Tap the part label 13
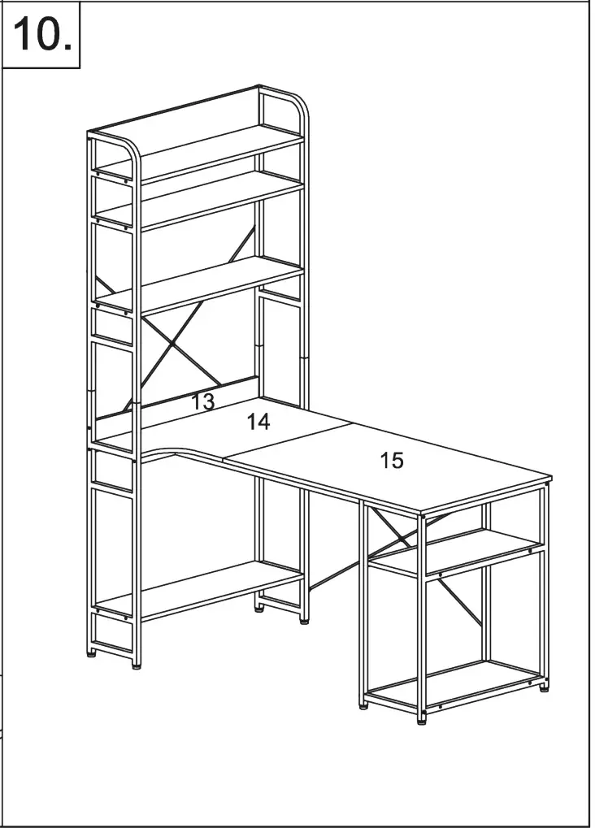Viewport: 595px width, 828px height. click(202, 401)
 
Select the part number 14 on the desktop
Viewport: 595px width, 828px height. click(258, 422)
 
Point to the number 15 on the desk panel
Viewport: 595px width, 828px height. click(392, 461)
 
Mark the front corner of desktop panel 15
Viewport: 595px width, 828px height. click(421, 513)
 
